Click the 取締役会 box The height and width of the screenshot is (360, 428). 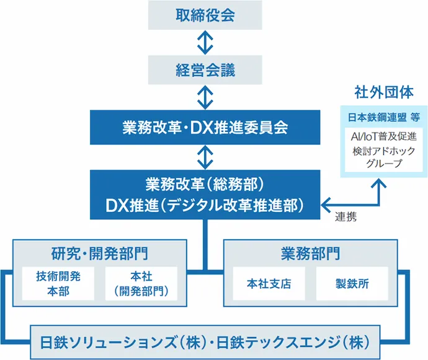point(205,15)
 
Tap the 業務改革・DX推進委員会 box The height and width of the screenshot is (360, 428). point(205,128)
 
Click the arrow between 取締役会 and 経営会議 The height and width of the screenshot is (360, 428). point(205,42)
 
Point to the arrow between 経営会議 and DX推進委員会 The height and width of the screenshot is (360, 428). point(205,97)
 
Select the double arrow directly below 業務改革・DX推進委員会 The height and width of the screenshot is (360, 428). point(205,157)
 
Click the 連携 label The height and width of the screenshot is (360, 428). point(346,217)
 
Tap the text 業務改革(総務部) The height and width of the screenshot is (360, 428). point(205,185)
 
